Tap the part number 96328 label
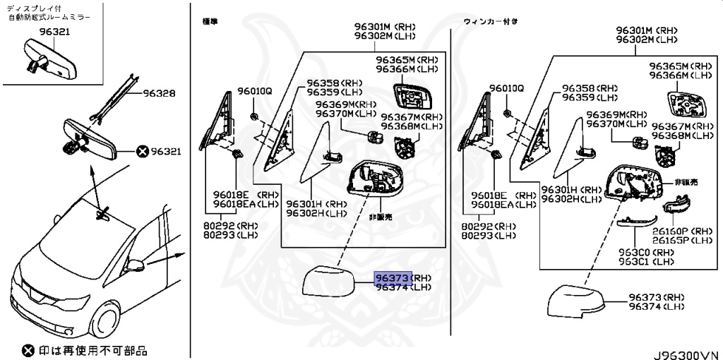pyautogui.click(x=158, y=93)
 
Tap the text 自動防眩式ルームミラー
pyautogui.click(x=49, y=16)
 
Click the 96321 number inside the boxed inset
pyautogui.click(x=54, y=32)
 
